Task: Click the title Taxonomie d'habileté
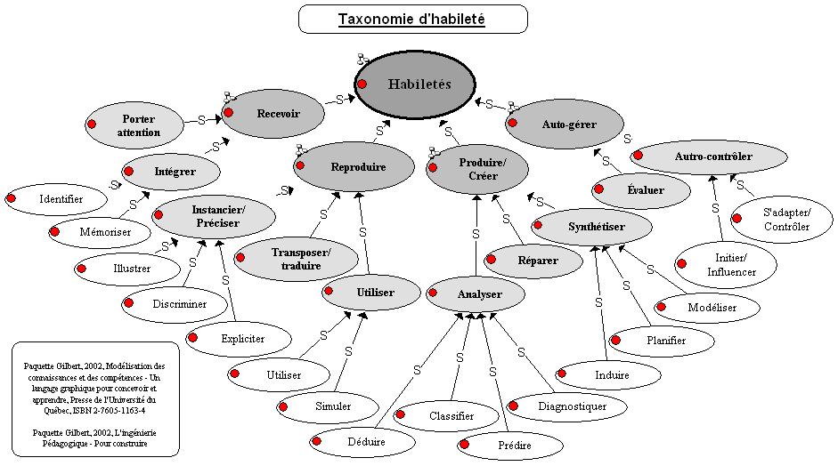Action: point(411,19)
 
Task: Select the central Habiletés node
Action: point(419,84)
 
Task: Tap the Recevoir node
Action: point(278,113)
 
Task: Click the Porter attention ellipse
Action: point(138,125)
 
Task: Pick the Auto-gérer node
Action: point(568,125)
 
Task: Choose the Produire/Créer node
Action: point(482,169)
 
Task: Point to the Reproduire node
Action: point(357,166)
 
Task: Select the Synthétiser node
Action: point(596,227)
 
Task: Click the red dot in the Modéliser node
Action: point(663,307)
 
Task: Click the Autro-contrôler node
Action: point(712,157)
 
